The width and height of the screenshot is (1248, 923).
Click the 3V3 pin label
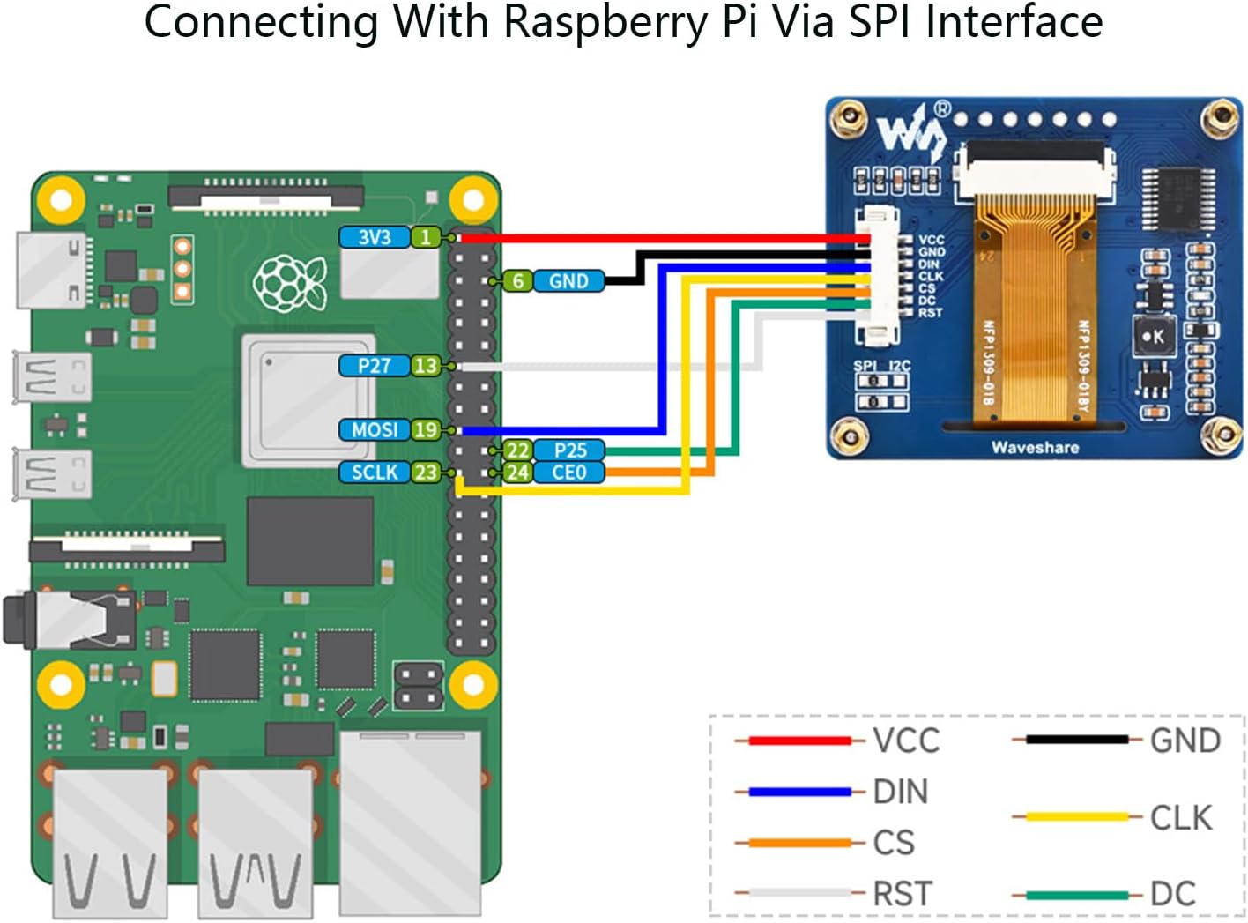374,237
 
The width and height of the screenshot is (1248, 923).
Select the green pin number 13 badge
426,366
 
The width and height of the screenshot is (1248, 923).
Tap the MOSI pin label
374,429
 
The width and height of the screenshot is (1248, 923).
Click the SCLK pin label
374,473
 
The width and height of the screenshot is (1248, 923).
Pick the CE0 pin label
568,473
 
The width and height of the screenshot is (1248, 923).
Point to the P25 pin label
569,450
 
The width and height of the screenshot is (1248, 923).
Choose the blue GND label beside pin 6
568,281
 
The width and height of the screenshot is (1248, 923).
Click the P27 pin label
374,366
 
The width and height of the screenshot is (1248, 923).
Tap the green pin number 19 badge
426,429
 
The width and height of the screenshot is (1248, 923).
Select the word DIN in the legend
900,792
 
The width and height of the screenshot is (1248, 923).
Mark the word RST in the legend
902,894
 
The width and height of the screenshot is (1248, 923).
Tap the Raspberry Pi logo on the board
290,283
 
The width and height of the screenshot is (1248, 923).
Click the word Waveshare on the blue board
1035,447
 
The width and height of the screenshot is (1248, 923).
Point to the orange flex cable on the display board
1029,309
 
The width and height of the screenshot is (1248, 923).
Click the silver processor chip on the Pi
309,400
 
